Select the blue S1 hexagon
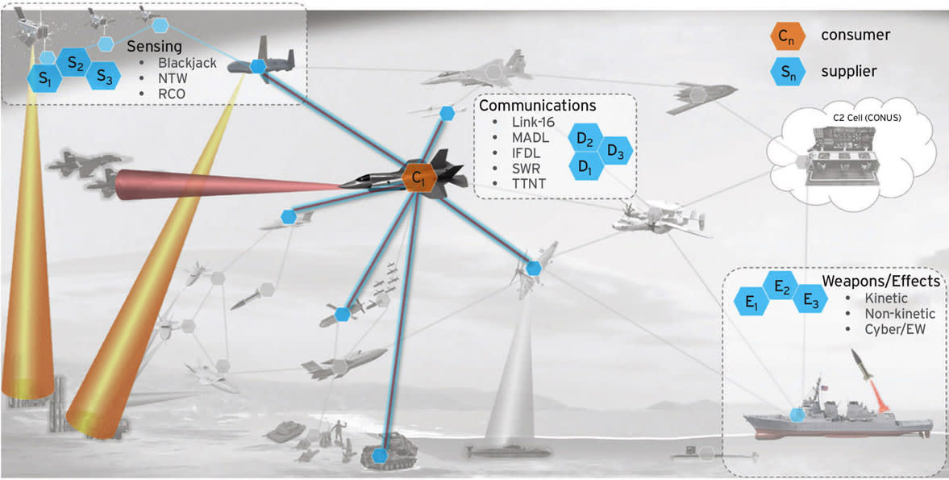(x=43, y=78)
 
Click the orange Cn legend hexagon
(x=785, y=35)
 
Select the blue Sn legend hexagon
(x=785, y=72)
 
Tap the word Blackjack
(x=188, y=64)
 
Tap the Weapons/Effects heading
(x=880, y=282)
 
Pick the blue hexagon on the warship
(x=797, y=415)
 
